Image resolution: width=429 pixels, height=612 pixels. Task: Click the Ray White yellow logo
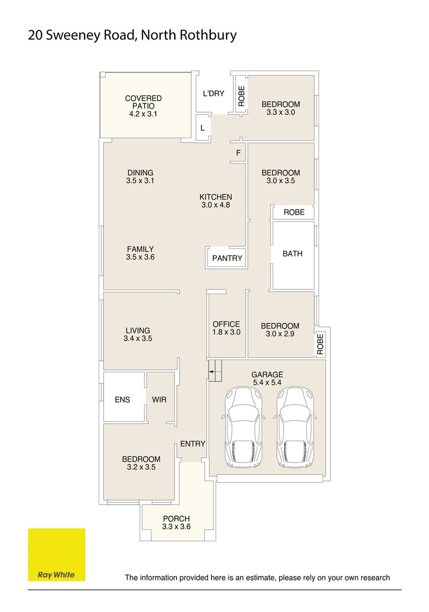point(57,554)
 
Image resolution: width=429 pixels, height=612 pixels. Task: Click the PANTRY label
point(227,258)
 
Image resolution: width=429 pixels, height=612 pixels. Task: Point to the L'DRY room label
point(214,93)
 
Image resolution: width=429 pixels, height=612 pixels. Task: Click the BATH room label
point(292,253)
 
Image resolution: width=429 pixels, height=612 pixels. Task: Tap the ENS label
point(122,400)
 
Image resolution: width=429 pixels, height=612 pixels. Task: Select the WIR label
point(159,400)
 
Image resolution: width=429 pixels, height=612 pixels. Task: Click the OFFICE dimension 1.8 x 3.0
point(226,332)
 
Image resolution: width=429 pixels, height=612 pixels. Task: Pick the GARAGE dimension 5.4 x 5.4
point(267,383)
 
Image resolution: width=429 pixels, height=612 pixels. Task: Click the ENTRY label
point(193,444)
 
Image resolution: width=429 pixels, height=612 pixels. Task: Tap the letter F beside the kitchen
point(238,153)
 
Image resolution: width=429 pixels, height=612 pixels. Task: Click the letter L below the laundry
point(202,128)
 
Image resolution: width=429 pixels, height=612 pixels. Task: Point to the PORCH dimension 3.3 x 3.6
point(176,526)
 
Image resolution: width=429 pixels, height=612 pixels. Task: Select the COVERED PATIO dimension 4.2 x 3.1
point(143,114)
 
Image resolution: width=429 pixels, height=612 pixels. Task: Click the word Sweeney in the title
point(73,35)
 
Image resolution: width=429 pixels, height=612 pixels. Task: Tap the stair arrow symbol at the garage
point(211,372)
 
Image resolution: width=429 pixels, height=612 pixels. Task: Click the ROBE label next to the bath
point(294,212)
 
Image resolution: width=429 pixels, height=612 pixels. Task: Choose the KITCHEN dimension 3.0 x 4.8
point(216,205)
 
